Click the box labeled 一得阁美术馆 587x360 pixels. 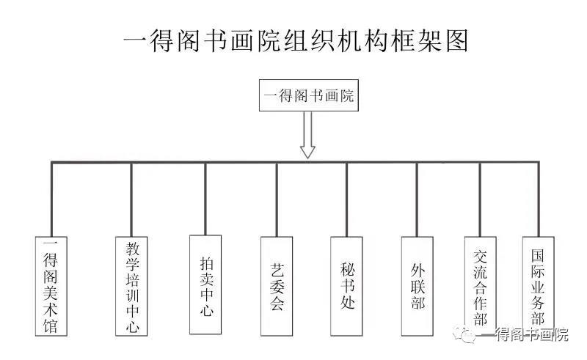coord(51,285)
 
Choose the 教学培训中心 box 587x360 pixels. coord(132,285)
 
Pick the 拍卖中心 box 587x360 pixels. coord(205,285)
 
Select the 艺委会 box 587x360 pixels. coord(277,285)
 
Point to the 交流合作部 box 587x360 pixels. coord(481,287)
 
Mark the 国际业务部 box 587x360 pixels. coord(538,285)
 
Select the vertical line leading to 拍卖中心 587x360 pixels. coord(205,198)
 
